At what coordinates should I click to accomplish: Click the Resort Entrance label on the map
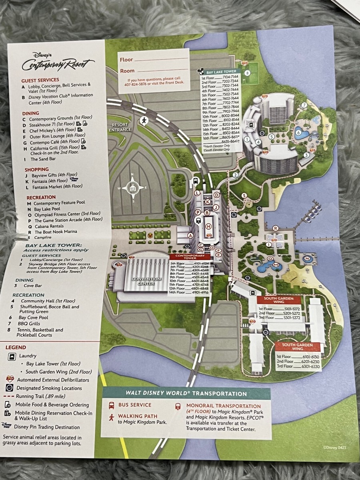(x=120, y=127)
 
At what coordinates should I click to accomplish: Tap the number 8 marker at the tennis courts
(x=247, y=73)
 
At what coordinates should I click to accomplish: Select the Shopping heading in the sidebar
(x=37, y=170)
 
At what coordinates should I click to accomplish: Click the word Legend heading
(x=16, y=348)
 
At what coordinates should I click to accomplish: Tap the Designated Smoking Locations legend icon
(x=10, y=388)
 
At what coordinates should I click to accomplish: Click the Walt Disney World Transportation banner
(x=186, y=394)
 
